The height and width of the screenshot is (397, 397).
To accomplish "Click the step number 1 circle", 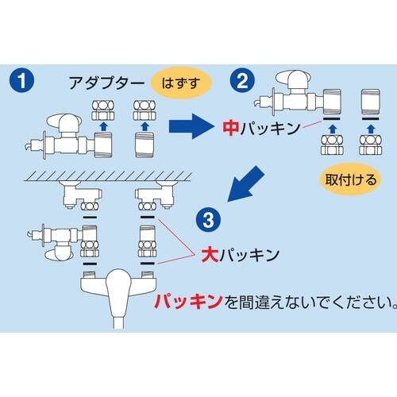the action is pos(21,81).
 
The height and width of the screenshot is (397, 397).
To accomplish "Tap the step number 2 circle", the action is pos(242,81).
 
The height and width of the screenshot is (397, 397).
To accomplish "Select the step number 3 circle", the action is pos(209,220).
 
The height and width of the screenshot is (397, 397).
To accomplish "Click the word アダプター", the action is pos(106,83).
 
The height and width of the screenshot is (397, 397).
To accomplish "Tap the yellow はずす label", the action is pos(181,83).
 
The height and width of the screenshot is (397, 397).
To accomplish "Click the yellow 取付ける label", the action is pos(351,180).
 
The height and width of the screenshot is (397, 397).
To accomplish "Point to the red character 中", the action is pos(231,129).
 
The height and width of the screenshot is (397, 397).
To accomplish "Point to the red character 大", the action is pos(210,255).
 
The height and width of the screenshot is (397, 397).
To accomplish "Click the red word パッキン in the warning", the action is pos(188,302).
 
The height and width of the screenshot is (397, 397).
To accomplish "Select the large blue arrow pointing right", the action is pos(191,126).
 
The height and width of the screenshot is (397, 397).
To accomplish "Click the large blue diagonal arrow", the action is pos(245,183).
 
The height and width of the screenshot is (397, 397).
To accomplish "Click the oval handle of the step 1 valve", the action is pos(59,121).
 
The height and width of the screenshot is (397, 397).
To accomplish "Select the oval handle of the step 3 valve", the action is pos(57,254).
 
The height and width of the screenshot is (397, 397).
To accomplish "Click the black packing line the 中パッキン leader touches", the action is pos(332,119).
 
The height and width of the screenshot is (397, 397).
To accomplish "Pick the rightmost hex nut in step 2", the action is pos(371,145).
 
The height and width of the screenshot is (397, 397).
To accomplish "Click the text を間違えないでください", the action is pos(310,302).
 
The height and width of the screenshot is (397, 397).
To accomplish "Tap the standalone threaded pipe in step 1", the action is pos(145,145).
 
